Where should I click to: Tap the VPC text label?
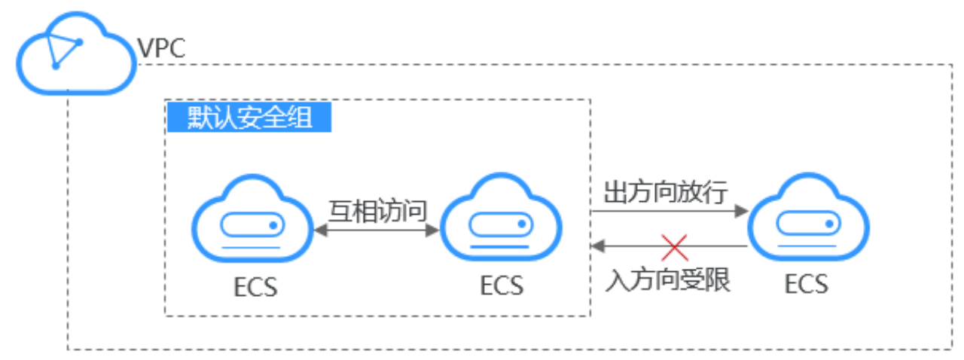click(161, 50)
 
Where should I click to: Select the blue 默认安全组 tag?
click(249, 117)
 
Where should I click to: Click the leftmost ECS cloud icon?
click(251, 219)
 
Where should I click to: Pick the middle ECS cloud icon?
click(500, 219)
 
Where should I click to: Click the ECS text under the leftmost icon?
click(255, 288)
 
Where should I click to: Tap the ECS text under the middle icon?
click(501, 286)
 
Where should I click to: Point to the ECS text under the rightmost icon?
click(807, 285)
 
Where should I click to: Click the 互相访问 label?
click(377, 207)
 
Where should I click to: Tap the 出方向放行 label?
click(667, 193)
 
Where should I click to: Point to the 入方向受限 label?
click(668, 282)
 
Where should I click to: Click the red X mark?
click(675, 246)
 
